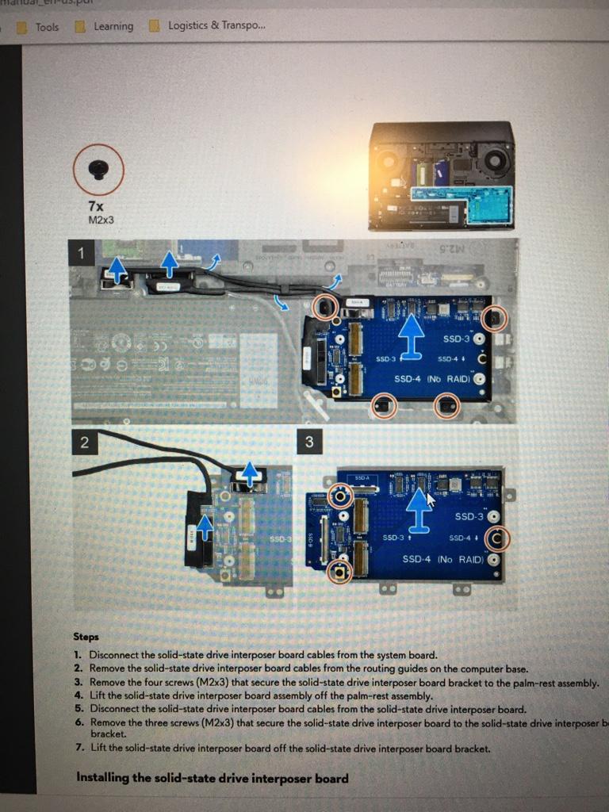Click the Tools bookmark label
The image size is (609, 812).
(x=47, y=26)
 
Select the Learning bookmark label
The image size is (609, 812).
(x=113, y=26)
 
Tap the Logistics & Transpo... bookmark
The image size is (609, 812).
(x=216, y=25)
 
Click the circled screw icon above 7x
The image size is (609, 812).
(x=98, y=169)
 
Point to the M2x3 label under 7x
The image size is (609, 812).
(x=101, y=220)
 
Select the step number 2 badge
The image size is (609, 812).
(x=84, y=442)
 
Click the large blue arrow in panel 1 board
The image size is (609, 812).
(x=410, y=338)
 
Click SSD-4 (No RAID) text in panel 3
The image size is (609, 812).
(x=442, y=559)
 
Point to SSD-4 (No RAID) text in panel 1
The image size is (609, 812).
(x=432, y=379)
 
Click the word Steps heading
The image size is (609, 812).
(x=86, y=637)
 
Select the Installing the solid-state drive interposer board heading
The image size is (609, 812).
(x=213, y=777)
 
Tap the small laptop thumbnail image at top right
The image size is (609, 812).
(x=442, y=175)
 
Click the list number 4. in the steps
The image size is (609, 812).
(x=79, y=695)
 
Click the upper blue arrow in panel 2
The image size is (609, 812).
(x=250, y=474)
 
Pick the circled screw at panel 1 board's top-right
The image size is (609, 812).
(x=493, y=318)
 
